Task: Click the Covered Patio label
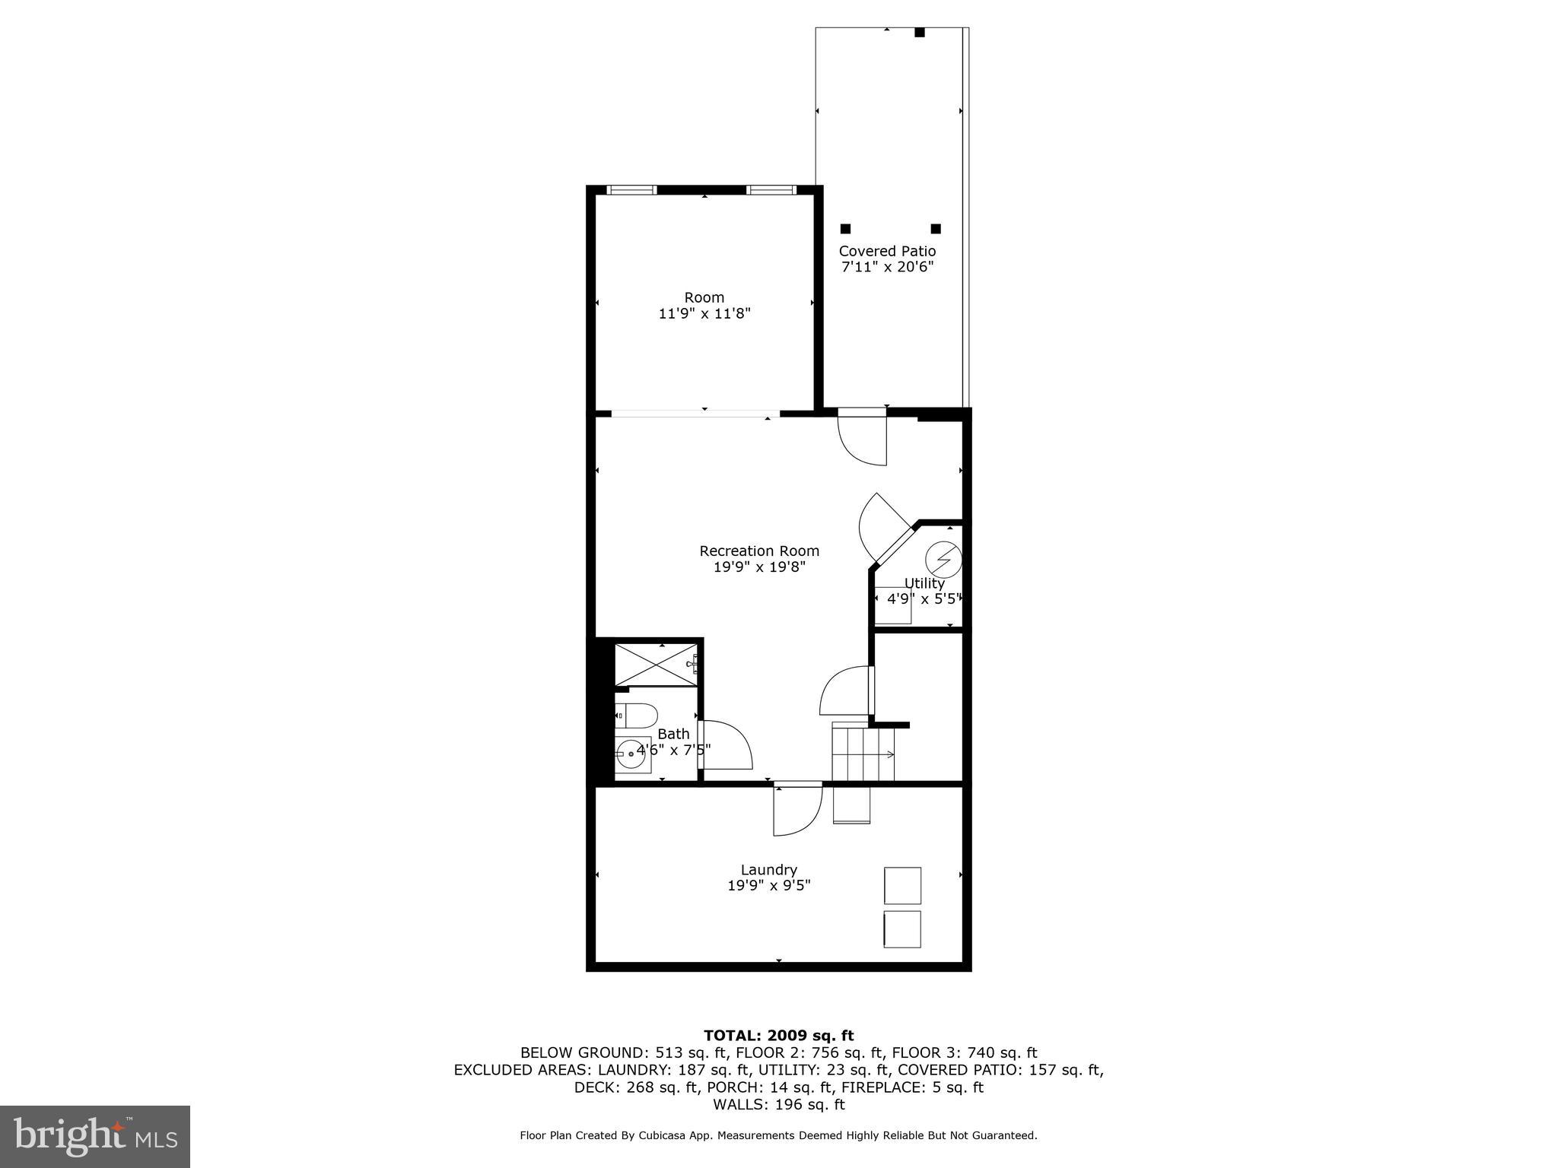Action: (x=887, y=251)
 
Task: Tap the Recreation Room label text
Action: (x=759, y=551)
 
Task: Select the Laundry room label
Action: (x=768, y=870)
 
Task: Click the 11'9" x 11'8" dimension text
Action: (x=704, y=313)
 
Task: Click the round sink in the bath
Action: (x=631, y=754)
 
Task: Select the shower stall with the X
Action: (x=655, y=664)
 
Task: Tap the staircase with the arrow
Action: (x=863, y=753)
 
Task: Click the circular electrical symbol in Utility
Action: (x=943, y=560)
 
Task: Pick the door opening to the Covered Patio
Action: (x=863, y=437)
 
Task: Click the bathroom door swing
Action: (x=726, y=745)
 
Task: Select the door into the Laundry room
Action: (x=797, y=810)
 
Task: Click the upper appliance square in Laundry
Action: (x=902, y=885)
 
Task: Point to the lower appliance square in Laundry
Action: (x=902, y=929)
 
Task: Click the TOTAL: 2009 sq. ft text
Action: (x=778, y=1036)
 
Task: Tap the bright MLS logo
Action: (x=95, y=1136)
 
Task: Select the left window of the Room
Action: (x=631, y=190)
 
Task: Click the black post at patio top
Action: (x=919, y=33)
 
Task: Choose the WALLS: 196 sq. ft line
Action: (x=778, y=1105)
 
